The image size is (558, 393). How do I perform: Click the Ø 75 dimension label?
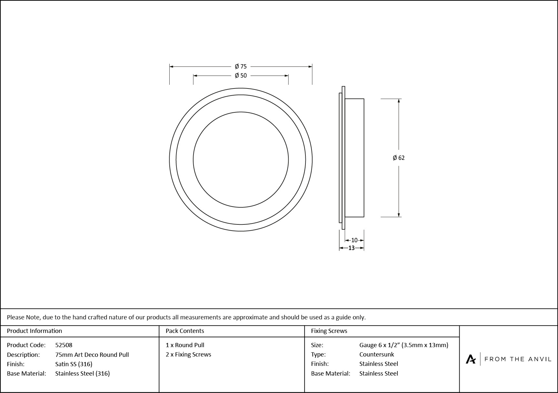241,67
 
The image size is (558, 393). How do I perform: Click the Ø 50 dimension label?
241,76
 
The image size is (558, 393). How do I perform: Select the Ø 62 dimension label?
399,158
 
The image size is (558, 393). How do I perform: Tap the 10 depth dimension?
354,240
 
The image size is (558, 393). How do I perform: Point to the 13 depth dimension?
351,248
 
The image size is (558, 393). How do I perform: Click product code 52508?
64,345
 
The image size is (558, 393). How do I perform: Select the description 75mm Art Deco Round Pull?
92,355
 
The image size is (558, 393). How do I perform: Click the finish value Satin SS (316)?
74,364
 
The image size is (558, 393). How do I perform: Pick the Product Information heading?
35,331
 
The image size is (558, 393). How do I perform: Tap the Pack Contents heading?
185,331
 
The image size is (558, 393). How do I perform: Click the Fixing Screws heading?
329,331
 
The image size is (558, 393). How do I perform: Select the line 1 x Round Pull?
185,345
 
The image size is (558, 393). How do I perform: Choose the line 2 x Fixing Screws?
188,354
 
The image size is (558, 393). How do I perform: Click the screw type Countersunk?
376,354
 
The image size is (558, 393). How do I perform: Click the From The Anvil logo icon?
471,359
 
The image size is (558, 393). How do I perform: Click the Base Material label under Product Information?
26,373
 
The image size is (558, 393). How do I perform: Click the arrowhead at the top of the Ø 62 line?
399,101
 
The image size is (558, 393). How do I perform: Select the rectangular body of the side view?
354,158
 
